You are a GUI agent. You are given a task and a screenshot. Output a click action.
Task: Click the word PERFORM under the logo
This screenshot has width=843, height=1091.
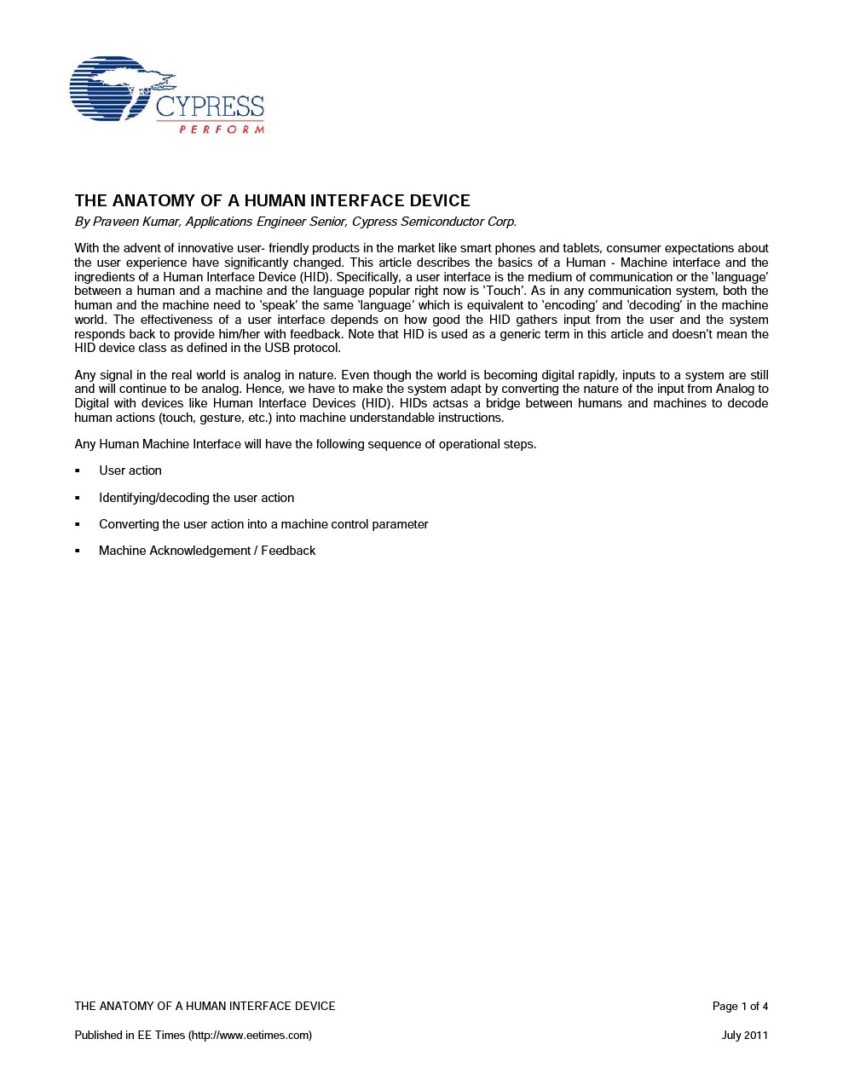tap(222, 130)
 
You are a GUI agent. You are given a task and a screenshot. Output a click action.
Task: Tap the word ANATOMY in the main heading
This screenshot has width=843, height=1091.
tap(153, 201)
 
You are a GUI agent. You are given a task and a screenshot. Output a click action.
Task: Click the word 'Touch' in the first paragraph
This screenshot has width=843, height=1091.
tap(503, 291)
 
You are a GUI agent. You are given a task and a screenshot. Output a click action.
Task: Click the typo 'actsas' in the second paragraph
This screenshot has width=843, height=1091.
tap(445, 403)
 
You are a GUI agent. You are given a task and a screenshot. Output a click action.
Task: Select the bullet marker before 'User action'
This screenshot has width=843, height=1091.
tap(78, 470)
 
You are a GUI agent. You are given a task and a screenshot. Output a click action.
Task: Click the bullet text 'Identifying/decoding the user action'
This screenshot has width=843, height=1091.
tap(196, 498)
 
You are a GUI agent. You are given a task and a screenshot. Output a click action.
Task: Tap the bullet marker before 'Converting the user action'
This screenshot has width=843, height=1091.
tap(78, 524)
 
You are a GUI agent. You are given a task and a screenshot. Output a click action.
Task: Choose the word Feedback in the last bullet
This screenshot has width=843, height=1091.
tap(288, 551)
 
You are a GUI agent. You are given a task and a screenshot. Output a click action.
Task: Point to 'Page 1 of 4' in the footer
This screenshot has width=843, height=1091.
tap(740, 1007)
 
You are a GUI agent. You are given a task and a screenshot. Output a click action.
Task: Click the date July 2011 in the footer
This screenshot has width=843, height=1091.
tap(744, 1036)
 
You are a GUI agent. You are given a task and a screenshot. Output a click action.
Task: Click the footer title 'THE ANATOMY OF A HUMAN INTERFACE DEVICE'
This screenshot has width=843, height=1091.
tap(205, 1007)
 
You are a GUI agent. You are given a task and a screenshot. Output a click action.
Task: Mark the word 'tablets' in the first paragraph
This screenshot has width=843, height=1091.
tap(581, 248)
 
